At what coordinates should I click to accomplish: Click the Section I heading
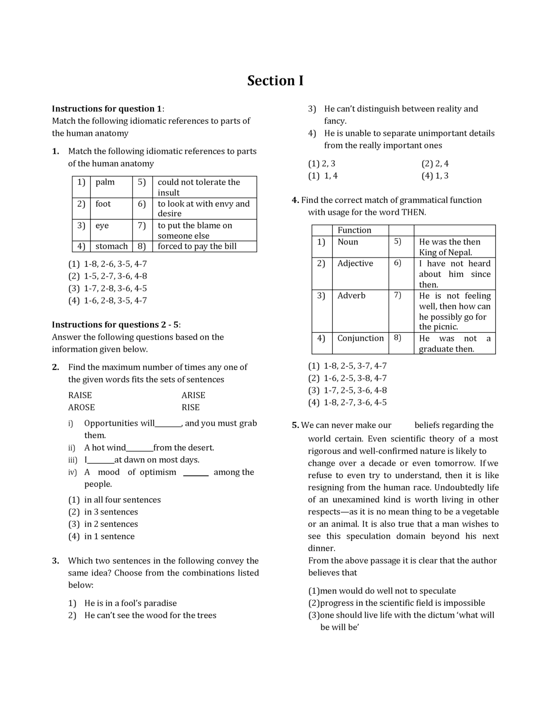[275, 81]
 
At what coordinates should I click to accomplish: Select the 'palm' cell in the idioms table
[105, 182]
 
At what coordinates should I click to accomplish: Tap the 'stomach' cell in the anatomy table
[111, 246]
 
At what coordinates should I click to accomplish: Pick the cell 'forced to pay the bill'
[197, 246]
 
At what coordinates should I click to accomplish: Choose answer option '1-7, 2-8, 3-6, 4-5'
[115, 288]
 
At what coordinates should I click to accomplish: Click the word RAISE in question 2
[80, 395]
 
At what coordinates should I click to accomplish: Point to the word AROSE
[82, 407]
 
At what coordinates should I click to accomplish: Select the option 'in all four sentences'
[122, 500]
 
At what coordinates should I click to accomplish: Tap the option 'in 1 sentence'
[109, 537]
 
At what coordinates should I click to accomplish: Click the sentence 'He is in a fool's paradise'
[130, 603]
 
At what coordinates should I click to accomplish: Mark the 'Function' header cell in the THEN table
[354, 230]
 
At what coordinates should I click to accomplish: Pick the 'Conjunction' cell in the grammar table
[360, 339]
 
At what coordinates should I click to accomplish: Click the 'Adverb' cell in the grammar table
[352, 296]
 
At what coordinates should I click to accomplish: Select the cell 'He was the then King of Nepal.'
[449, 247]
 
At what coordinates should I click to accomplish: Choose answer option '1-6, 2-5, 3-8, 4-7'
[355, 378]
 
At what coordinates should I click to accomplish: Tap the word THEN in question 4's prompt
[413, 213]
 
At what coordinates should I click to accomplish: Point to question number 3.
[56, 561]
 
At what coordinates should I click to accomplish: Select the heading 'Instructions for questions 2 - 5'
[116, 325]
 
